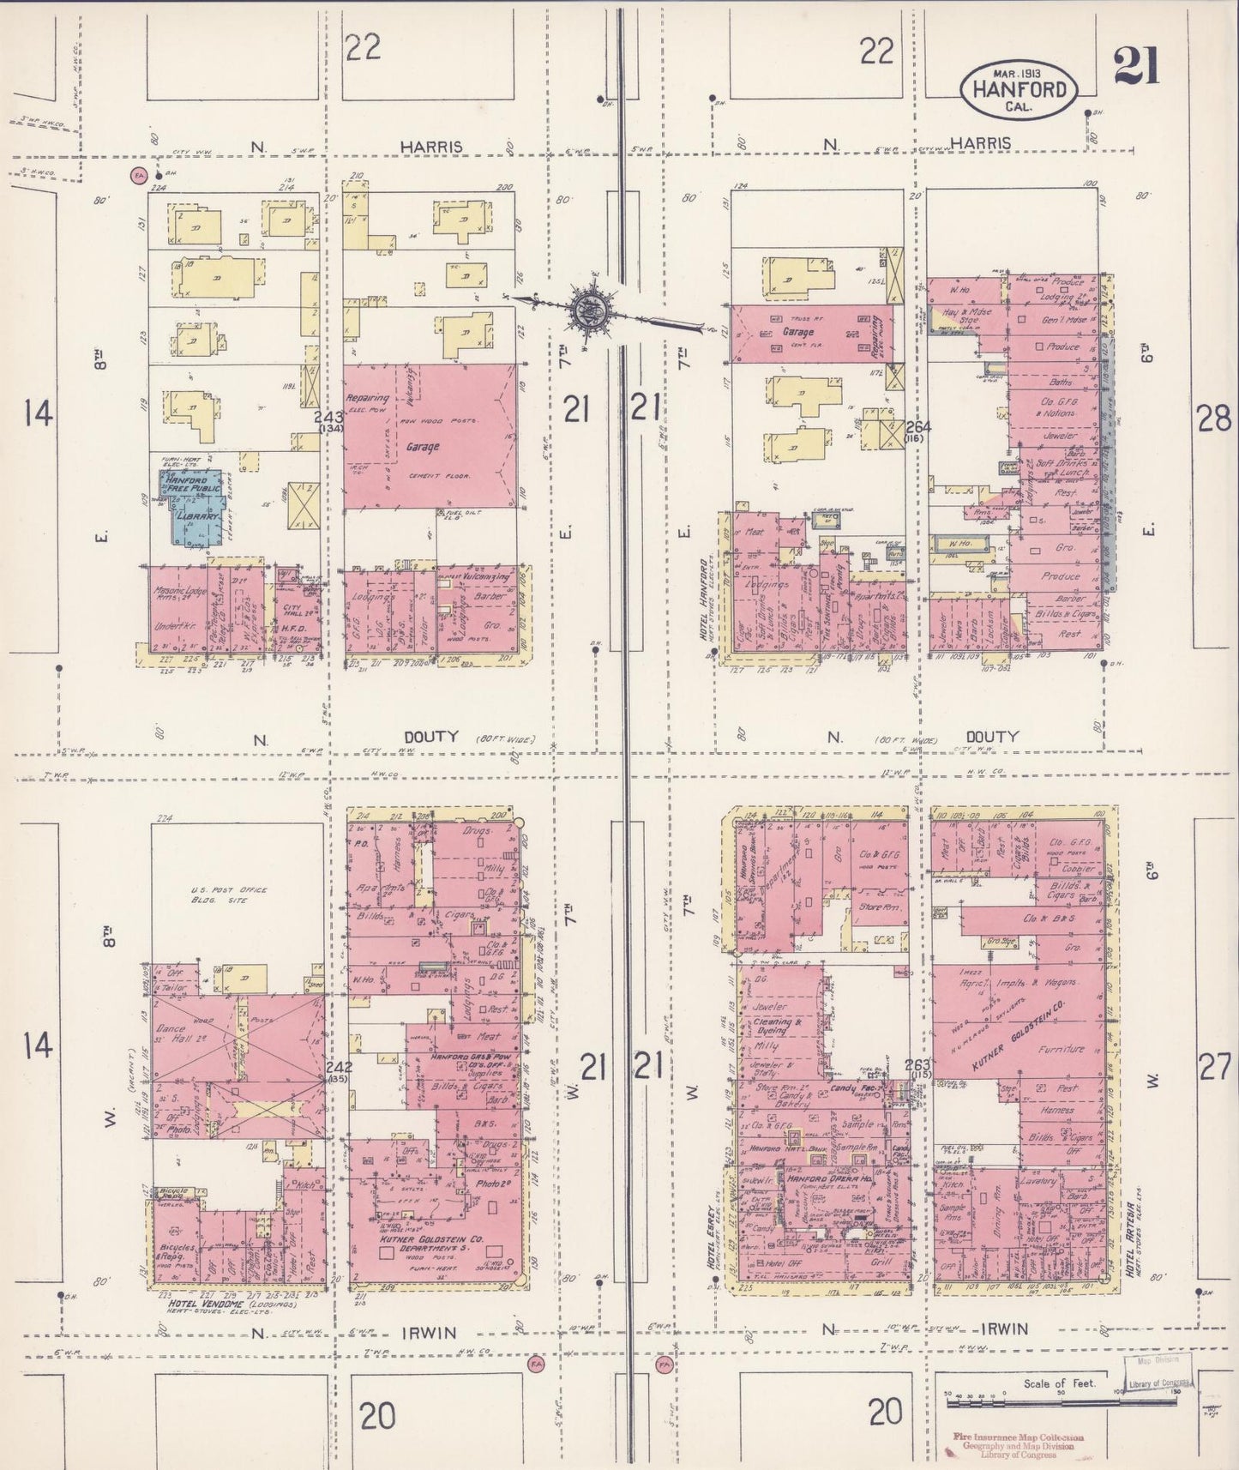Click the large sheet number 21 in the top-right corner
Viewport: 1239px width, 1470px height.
click(1136, 66)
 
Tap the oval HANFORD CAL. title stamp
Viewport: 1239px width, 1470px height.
click(1019, 89)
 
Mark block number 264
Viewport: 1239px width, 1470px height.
click(918, 426)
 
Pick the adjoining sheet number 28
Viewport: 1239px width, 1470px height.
click(1214, 419)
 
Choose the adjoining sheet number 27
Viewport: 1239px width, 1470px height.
click(1214, 1068)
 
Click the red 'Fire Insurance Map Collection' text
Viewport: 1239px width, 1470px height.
click(1017, 1437)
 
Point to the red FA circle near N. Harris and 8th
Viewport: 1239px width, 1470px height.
click(137, 176)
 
